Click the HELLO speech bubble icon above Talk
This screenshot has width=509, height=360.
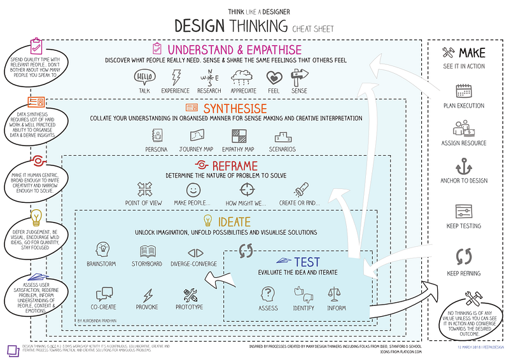[x=144, y=78]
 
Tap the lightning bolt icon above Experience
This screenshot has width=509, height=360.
[x=176, y=78]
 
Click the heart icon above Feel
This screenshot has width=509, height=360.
[x=274, y=78]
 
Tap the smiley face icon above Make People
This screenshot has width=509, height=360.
[x=193, y=190]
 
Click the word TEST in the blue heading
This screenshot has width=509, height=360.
[x=307, y=261]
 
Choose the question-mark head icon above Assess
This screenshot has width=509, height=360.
[x=268, y=293]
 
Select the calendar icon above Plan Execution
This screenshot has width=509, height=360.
[x=463, y=90]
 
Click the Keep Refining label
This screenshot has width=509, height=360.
[x=463, y=273]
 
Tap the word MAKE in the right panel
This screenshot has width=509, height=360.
[x=471, y=52]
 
